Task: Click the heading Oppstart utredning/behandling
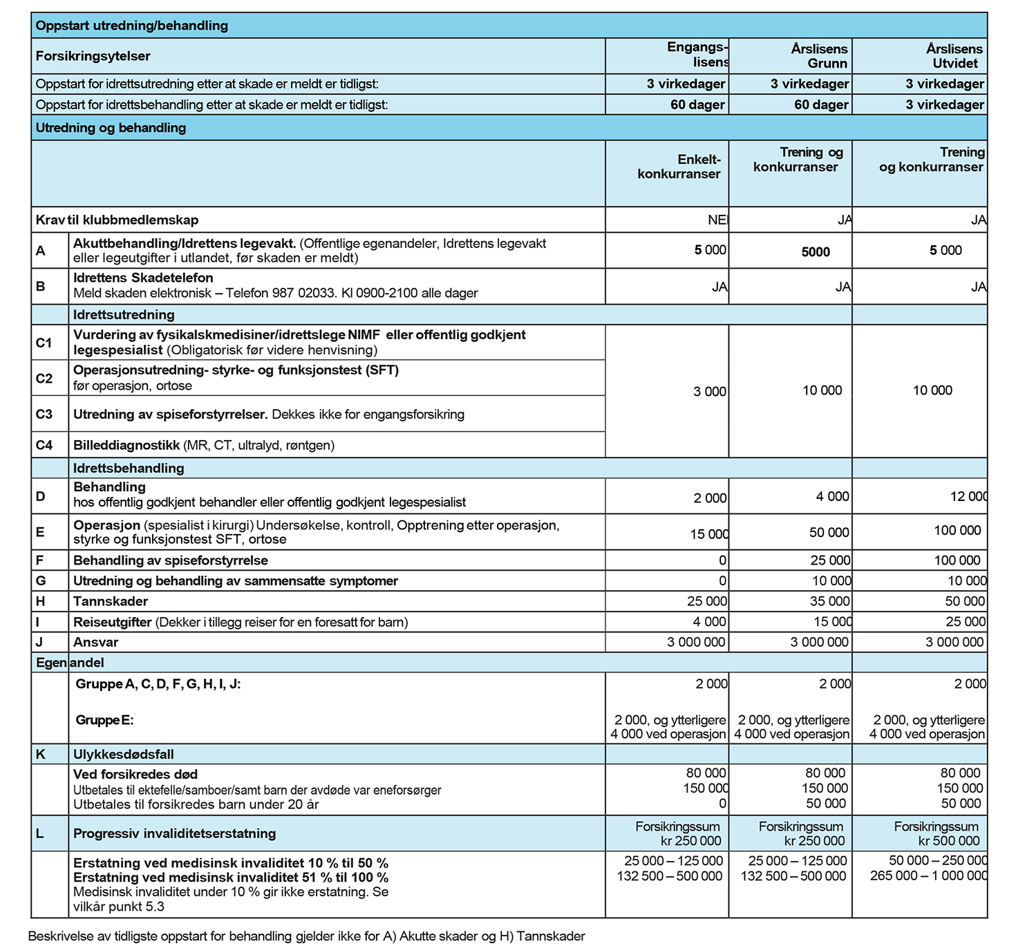click(131, 26)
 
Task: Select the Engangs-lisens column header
click(697, 55)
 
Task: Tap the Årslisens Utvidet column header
click(954, 56)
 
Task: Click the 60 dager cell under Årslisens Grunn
click(821, 105)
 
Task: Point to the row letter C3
click(44, 414)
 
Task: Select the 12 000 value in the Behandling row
click(968, 497)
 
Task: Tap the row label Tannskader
click(111, 601)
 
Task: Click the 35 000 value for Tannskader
click(830, 601)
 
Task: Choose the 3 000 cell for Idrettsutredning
click(709, 392)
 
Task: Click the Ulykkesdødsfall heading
click(124, 755)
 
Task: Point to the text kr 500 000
click(948, 841)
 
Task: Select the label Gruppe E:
click(104, 720)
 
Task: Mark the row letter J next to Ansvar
click(39, 642)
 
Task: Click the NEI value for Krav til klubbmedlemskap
click(717, 220)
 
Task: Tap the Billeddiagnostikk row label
click(127, 445)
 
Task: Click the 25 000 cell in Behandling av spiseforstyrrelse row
click(830, 560)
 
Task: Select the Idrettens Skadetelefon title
click(143, 278)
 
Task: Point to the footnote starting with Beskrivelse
click(306, 936)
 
